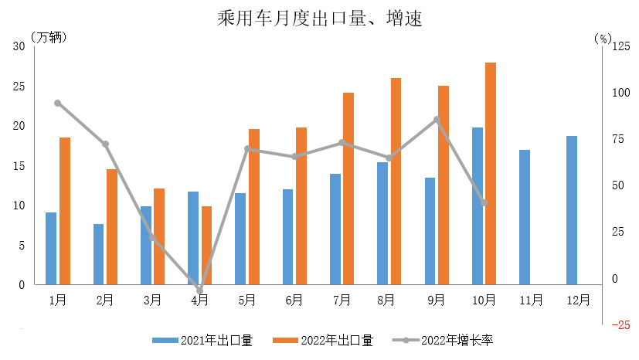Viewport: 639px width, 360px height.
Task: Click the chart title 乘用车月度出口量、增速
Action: coord(319,18)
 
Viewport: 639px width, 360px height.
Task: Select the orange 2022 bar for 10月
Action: coord(491,174)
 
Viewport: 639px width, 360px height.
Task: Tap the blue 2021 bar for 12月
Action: coord(571,210)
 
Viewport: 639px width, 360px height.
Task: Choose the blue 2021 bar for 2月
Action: coord(98,254)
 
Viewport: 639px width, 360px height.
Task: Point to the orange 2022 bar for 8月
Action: coord(396,182)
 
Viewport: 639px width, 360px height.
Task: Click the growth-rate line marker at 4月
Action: coord(199,290)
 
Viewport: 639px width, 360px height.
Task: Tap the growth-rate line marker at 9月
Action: coord(437,119)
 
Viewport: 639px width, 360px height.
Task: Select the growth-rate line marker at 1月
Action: coord(58,103)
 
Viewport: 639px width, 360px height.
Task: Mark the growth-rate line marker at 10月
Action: coord(484,203)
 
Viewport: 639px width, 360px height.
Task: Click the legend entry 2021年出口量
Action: coord(202,340)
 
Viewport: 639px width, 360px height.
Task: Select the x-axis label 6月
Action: coord(294,299)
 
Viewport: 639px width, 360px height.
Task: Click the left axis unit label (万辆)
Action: coord(49,36)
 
